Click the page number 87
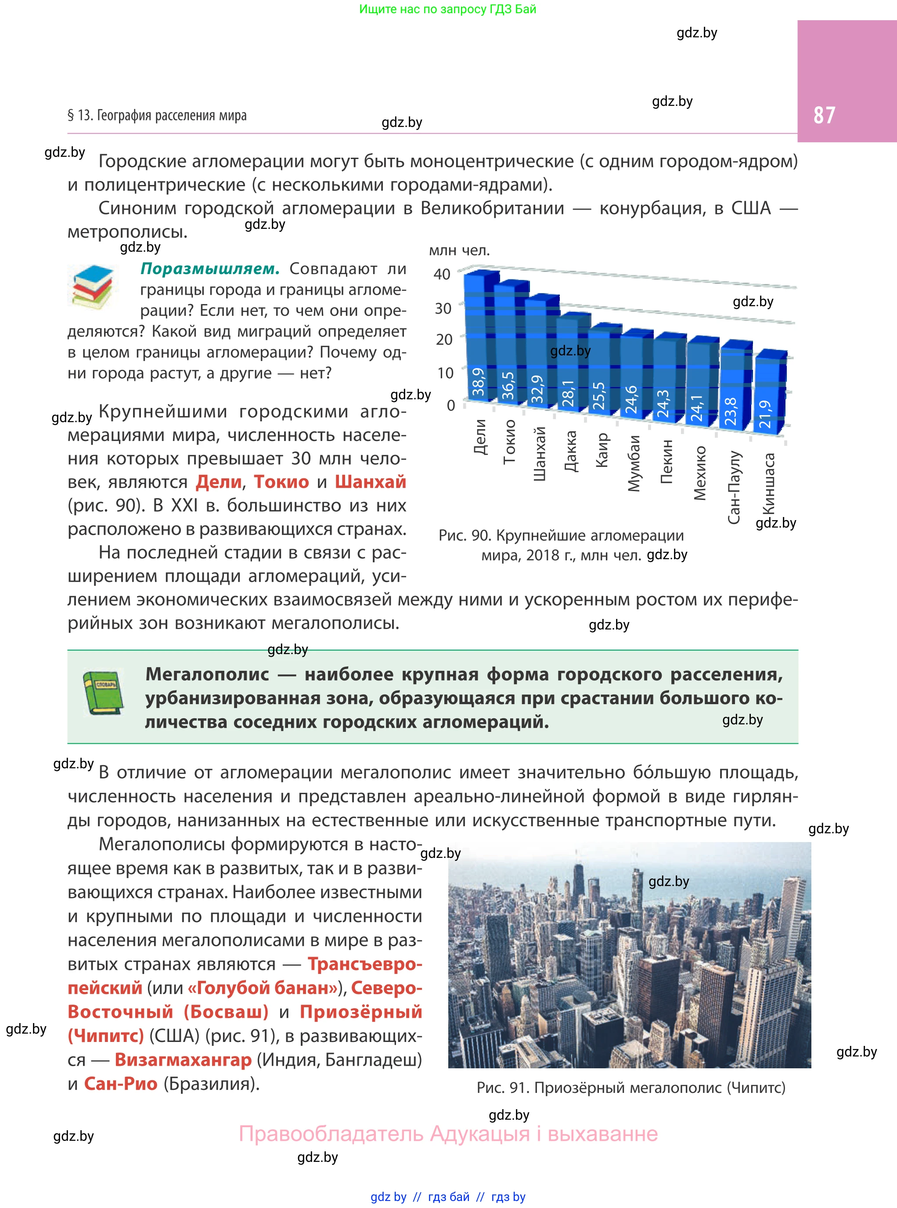[x=824, y=115]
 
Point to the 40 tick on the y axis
[x=442, y=274]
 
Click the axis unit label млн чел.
[x=459, y=250]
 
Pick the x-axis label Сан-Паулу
[x=734, y=487]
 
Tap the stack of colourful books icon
[x=93, y=286]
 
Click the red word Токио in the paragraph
[x=281, y=482]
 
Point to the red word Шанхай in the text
[x=370, y=482]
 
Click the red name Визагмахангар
[x=183, y=1059]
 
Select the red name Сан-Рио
[x=121, y=1084]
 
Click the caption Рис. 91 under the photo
[x=630, y=1087]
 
